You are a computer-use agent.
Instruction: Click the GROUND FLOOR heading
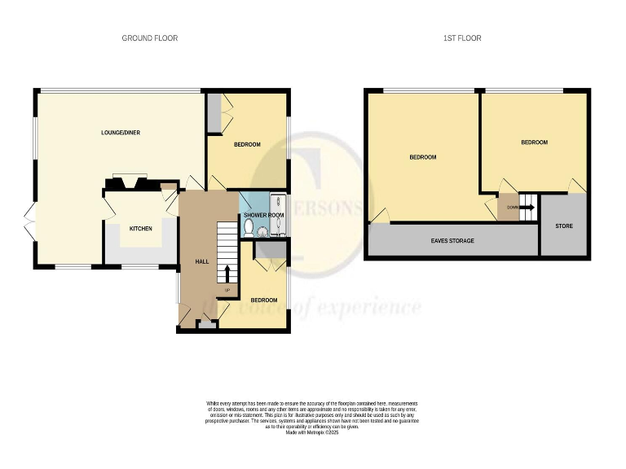(x=150, y=38)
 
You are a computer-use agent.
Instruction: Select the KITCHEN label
(x=141, y=229)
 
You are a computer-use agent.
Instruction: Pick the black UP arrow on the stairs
(x=227, y=274)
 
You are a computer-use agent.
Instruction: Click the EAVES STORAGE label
(x=452, y=241)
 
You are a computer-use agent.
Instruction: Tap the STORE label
(x=563, y=226)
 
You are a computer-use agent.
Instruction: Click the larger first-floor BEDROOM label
(x=422, y=157)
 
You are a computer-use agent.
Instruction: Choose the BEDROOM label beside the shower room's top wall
(x=247, y=144)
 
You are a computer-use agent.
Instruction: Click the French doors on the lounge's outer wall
(x=30, y=221)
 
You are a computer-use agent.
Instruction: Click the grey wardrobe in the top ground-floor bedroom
(x=214, y=113)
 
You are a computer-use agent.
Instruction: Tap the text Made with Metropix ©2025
(x=311, y=432)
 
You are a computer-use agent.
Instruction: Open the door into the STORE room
(x=576, y=187)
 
